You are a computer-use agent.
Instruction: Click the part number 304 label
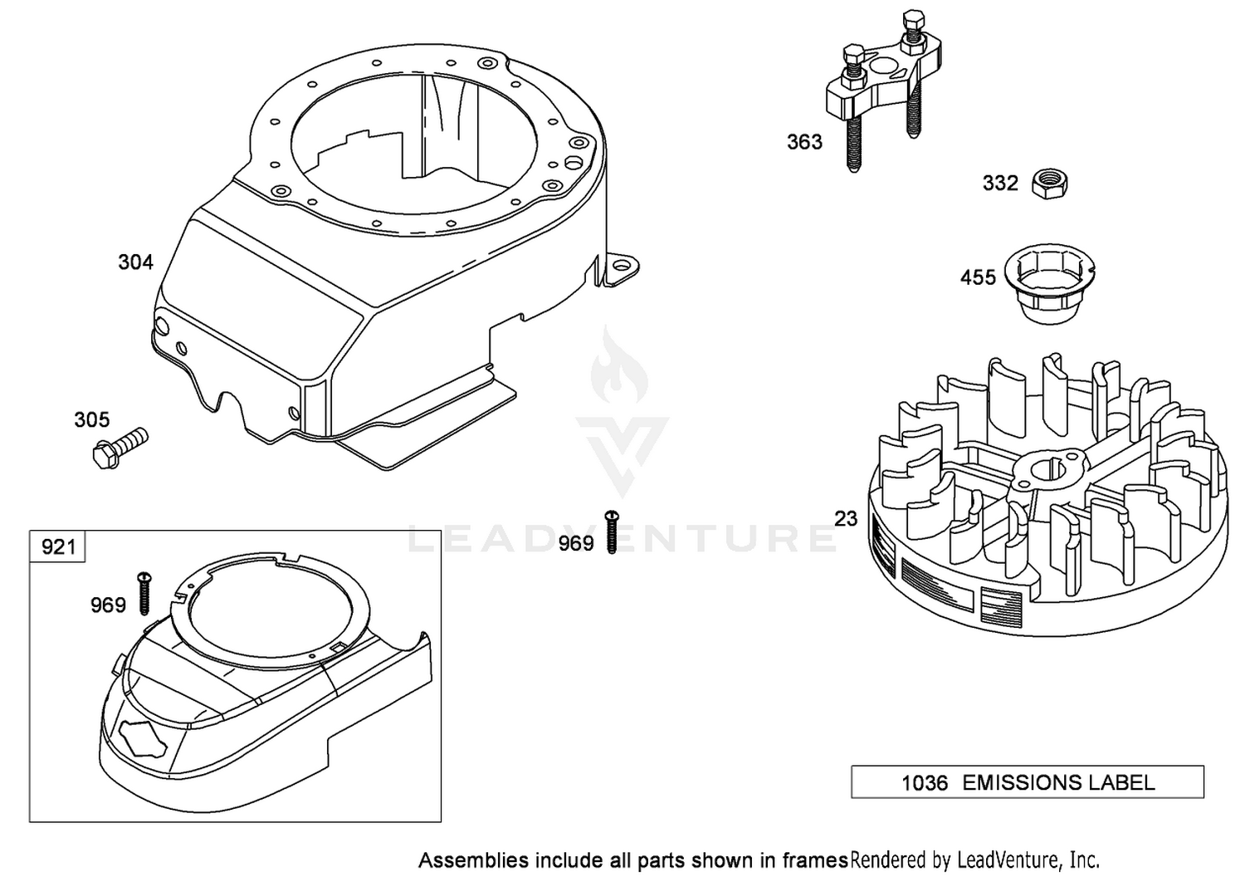(135, 262)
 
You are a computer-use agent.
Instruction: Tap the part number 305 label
(92, 419)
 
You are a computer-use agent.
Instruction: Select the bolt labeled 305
(120, 448)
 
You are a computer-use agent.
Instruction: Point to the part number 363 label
(804, 142)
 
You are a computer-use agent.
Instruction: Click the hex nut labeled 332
(1049, 184)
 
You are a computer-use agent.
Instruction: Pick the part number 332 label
(1000, 183)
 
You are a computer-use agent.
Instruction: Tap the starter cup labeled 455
(1051, 284)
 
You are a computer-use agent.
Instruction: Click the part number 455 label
(979, 277)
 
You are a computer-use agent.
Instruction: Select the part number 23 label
(846, 519)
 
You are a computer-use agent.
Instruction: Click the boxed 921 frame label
(58, 546)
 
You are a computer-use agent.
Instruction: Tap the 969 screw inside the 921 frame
(144, 593)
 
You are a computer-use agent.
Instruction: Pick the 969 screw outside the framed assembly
(612, 532)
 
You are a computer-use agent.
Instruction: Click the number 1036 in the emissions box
(925, 783)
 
